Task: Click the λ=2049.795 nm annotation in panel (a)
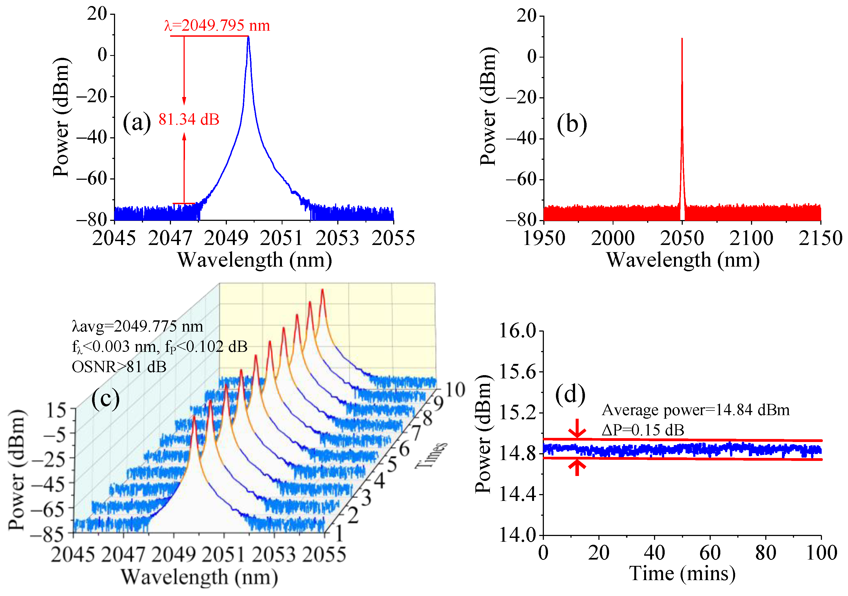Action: click(217, 25)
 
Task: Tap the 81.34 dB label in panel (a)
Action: click(189, 119)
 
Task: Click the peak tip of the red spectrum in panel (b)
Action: click(682, 39)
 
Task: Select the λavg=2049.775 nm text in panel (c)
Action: click(137, 326)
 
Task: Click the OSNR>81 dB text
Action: click(119, 367)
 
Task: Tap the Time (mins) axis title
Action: click(682, 574)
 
